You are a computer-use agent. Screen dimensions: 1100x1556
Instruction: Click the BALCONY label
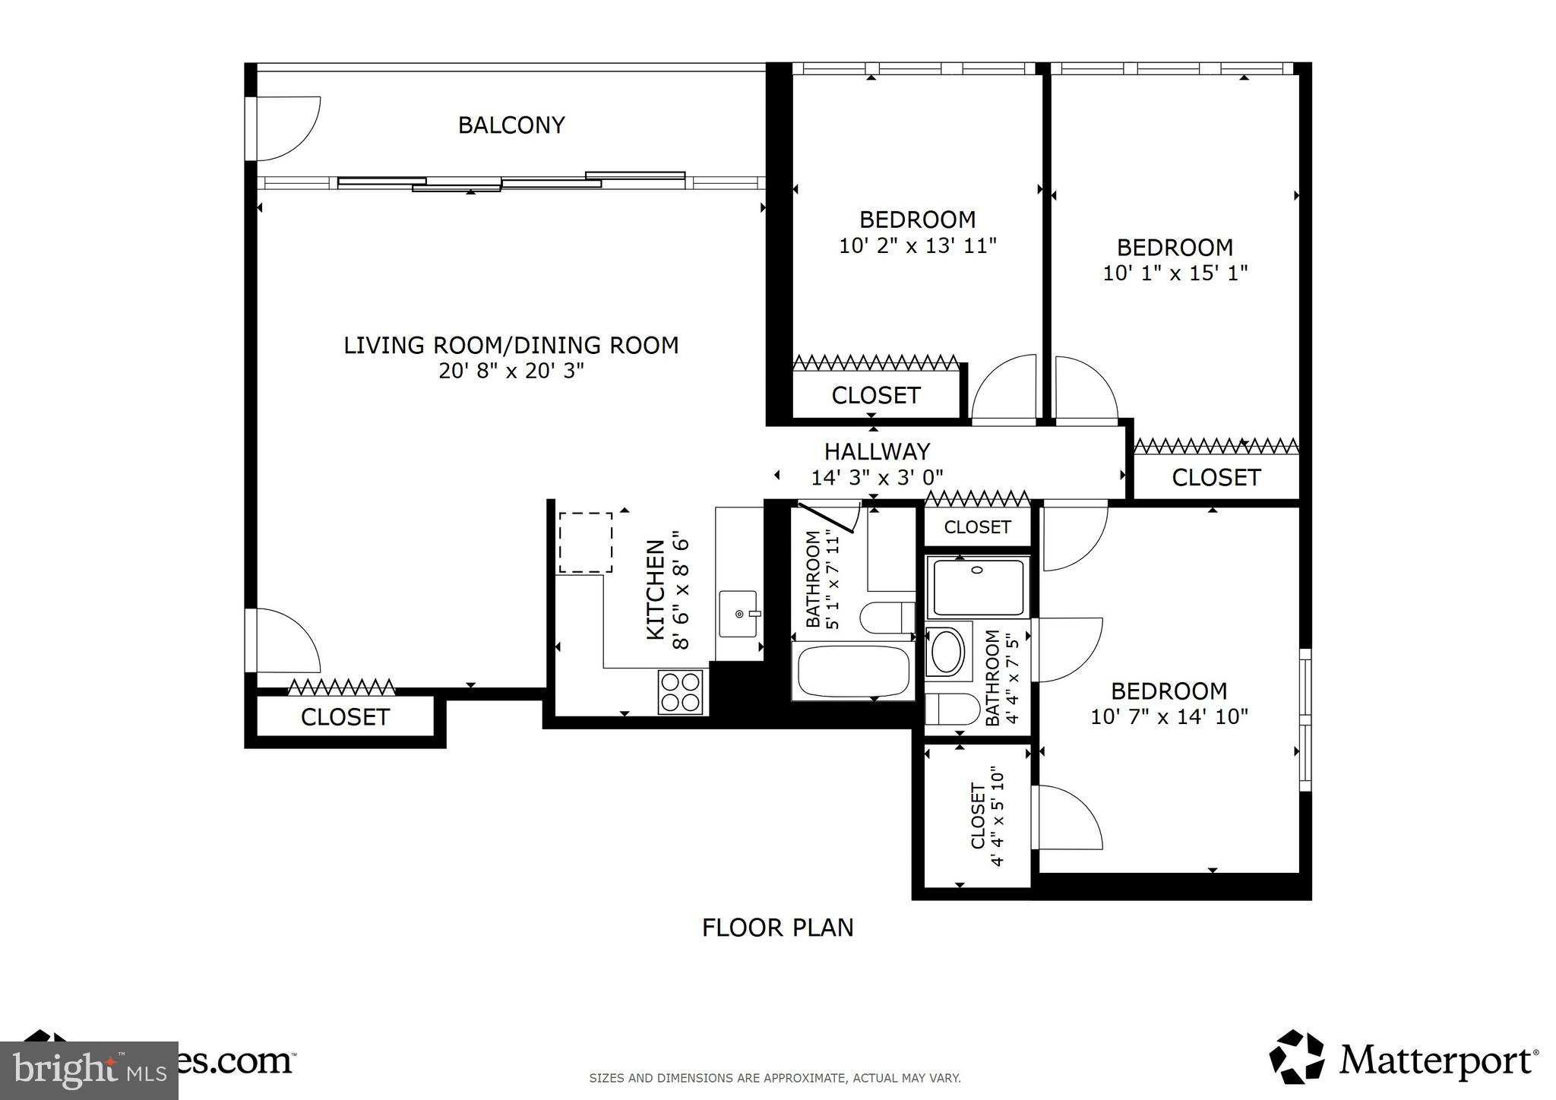[511, 125]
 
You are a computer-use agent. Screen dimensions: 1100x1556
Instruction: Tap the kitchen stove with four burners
[681, 692]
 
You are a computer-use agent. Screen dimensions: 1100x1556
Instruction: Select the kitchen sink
[737, 614]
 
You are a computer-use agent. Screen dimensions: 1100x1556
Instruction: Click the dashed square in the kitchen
[586, 542]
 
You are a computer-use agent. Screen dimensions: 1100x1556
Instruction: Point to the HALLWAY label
[877, 452]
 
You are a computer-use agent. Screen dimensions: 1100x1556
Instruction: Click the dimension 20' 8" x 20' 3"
[511, 371]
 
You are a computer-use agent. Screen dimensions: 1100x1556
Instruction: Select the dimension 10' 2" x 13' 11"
[917, 246]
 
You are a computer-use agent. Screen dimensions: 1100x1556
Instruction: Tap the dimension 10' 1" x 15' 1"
[1175, 273]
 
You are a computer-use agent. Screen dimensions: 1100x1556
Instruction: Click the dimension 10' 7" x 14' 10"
[1169, 716]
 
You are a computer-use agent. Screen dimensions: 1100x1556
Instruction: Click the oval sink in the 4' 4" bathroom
[947, 652]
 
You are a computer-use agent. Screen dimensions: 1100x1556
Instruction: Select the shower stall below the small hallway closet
[978, 586]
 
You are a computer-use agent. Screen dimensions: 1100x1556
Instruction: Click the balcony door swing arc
[287, 129]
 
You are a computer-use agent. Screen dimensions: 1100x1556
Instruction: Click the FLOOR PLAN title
[777, 928]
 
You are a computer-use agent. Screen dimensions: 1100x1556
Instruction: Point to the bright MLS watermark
[89, 1070]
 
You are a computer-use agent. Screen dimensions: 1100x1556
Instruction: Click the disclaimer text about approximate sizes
[775, 1078]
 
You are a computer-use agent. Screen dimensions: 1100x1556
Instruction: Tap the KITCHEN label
[656, 590]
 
